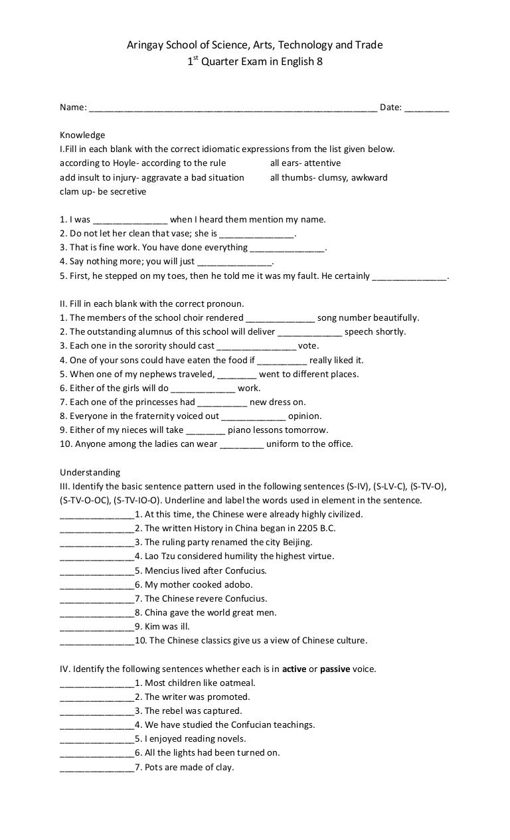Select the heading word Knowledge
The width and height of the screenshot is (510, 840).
(x=82, y=135)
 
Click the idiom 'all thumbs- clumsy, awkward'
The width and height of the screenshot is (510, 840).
(x=329, y=177)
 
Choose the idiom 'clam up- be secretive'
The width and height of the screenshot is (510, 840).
(x=103, y=192)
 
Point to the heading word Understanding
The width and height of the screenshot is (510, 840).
(x=90, y=473)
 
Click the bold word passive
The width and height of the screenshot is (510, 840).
(x=335, y=669)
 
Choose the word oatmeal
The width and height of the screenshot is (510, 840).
(x=236, y=683)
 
